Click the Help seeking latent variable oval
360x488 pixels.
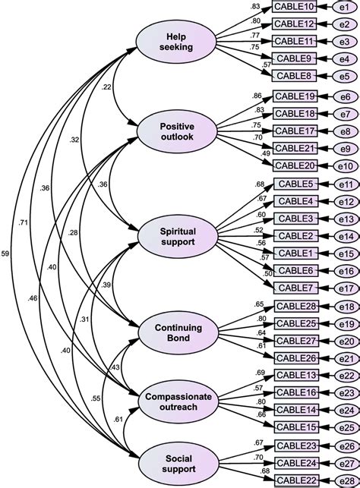pos(175,42)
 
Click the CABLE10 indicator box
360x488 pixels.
pos(295,7)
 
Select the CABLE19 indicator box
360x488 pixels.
pos(295,97)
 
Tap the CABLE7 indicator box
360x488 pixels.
pos(295,288)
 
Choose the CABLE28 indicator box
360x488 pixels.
pos(295,306)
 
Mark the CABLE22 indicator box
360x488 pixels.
pos(295,479)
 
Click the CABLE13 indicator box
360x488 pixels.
pos(295,374)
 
